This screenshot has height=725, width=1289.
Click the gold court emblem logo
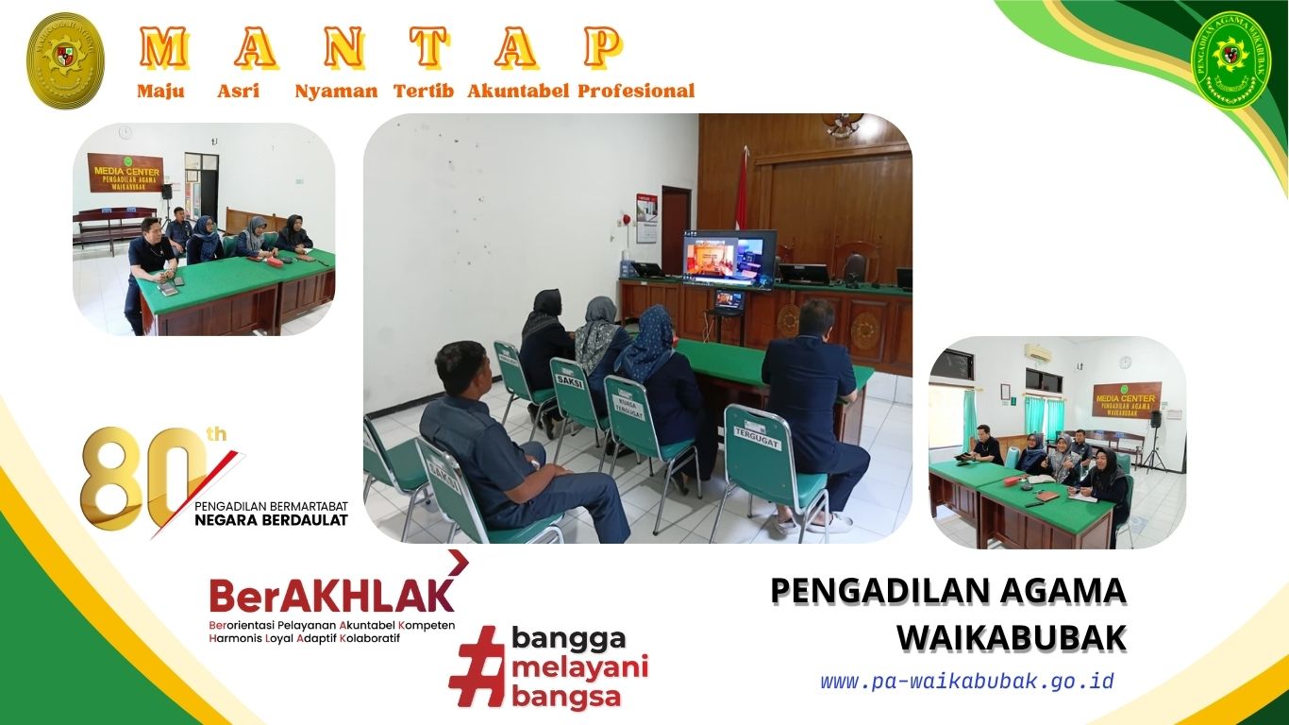[65, 60]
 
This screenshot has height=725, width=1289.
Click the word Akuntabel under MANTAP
[517, 92]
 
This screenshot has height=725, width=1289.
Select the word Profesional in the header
[636, 92]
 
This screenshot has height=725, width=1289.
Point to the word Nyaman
[336, 92]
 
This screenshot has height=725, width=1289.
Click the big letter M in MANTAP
[162, 47]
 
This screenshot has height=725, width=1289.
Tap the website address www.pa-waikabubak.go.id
[966, 682]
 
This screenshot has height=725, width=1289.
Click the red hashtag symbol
[477, 666]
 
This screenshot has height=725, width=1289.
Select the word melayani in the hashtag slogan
[579, 668]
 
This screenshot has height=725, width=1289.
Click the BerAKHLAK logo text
[331, 595]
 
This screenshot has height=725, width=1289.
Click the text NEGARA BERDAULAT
[271, 520]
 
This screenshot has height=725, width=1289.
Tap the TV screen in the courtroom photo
[728, 256]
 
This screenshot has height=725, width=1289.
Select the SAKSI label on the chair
[569, 383]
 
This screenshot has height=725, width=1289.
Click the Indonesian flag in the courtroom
[742, 194]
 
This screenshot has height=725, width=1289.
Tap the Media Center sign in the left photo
[126, 174]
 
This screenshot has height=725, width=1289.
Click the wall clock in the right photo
[1125, 362]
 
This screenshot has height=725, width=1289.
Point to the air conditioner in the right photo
[1038, 353]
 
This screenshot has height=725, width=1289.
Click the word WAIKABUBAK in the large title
[1011, 638]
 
